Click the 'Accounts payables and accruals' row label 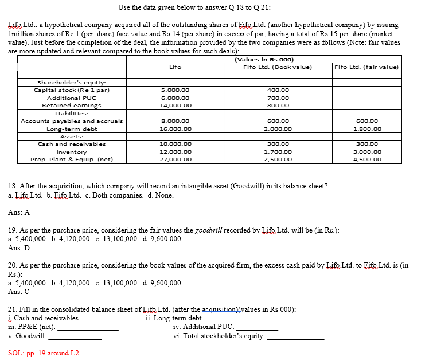coord(72,121)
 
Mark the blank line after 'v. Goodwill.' coord(75,339)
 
